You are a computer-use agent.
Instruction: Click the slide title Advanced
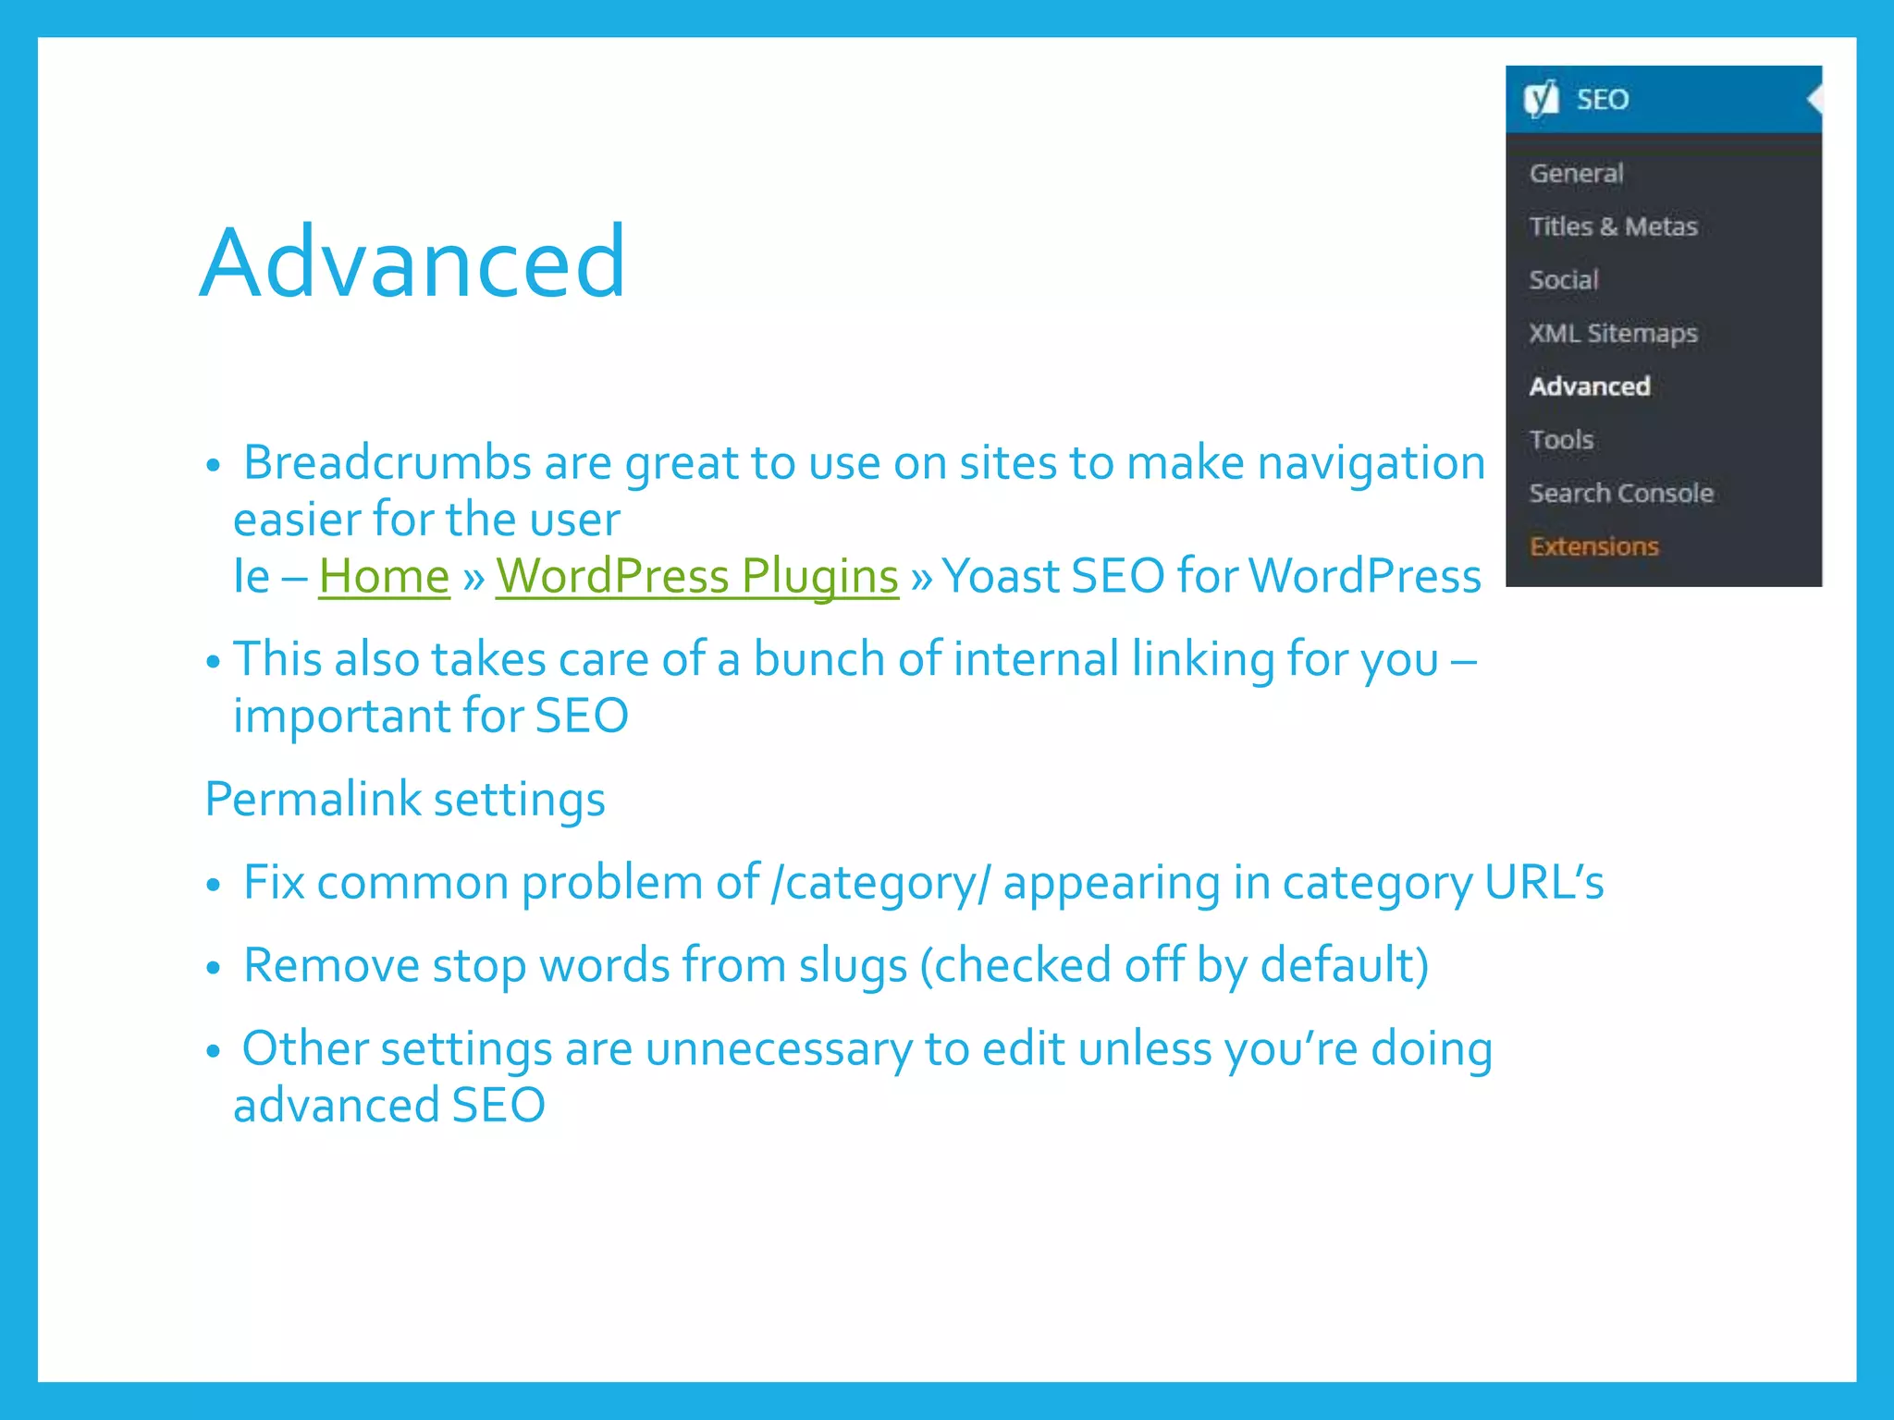click(x=412, y=263)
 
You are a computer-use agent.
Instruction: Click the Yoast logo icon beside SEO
click(x=1542, y=99)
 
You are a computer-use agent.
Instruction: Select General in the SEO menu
click(x=1576, y=173)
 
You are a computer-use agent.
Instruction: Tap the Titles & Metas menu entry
click(x=1613, y=226)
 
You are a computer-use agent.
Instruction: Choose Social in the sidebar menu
click(x=1563, y=279)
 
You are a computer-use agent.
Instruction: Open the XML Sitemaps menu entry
click(x=1613, y=333)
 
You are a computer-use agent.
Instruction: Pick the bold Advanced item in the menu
click(x=1589, y=386)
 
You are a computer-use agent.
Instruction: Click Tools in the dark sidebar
click(x=1561, y=439)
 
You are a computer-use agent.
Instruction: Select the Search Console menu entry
click(x=1620, y=493)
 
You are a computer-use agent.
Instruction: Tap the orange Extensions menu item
click(x=1593, y=546)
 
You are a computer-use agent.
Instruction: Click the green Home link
click(x=384, y=576)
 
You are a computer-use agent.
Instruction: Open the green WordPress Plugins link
click(x=696, y=576)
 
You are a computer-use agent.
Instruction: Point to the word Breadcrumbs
click(x=387, y=462)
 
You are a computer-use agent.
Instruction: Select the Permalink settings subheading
click(x=405, y=799)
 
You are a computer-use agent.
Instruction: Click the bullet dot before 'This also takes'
click(x=214, y=662)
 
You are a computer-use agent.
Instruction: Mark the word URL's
click(x=1543, y=883)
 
